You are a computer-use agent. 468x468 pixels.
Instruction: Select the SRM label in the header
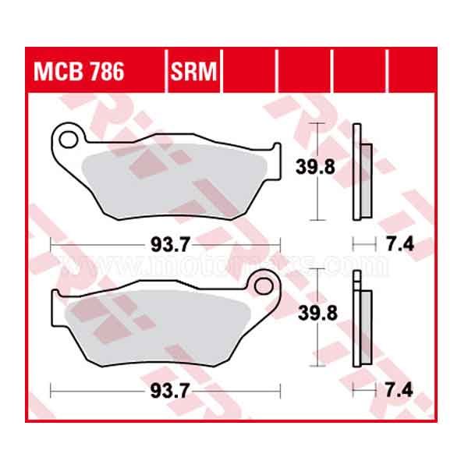point(194,72)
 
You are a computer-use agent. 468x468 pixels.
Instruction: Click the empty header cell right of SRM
point(250,72)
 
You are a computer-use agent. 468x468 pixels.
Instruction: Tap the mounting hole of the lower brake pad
point(263,286)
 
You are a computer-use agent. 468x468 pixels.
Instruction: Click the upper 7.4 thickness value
point(398,245)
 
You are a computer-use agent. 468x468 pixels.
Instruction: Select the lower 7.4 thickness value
point(398,388)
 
